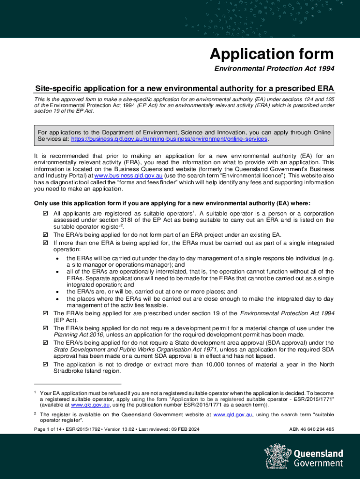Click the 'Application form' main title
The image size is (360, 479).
coord(272,54)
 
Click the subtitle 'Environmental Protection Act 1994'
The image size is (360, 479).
coord(274,69)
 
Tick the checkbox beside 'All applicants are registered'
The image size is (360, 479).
coord(45,213)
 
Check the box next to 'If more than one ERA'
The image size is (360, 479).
coord(45,243)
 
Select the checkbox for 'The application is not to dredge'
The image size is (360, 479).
coord(45,364)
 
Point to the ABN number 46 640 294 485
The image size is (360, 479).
coord(311,429)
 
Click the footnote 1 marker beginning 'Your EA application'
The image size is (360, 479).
coord(36,393)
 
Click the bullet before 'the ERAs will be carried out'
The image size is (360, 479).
coord(57,258)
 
